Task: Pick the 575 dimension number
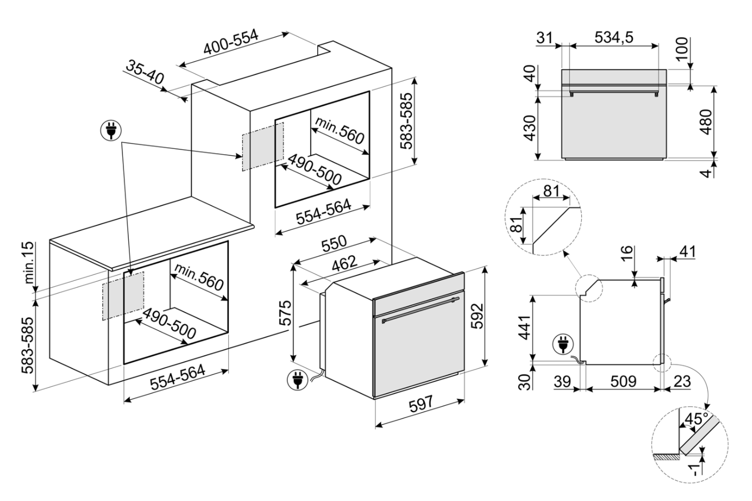tap(286, 314)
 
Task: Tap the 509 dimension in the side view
tap(623, 381)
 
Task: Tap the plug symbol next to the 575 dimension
tap(297, 380)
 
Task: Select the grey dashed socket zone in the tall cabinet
tap(263, 146)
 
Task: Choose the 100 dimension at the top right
tap(681, 50)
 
